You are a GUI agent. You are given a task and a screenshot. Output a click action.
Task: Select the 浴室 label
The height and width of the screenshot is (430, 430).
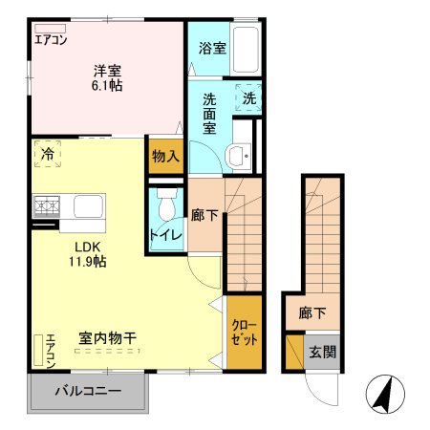pyautogui.click(x=212, y=47)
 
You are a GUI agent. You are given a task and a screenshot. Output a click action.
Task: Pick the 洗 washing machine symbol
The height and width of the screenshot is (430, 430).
pyautogui.click(x=248, y=97)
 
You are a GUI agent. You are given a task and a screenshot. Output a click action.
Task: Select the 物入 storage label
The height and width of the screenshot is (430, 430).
pyautogui.click(x=165, y=157)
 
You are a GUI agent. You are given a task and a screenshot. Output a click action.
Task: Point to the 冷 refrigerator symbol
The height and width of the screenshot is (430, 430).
pyautogui.click(x=46, y=153)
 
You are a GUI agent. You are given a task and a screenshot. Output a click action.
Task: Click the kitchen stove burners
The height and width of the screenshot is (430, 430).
pyautogui.click(x=46, y=204)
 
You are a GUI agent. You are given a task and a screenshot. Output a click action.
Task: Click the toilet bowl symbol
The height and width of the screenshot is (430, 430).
pyautogui.click(x=166, y=203)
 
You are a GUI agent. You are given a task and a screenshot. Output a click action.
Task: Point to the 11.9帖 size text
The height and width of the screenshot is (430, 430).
pyautogui.click(x=86, y=261)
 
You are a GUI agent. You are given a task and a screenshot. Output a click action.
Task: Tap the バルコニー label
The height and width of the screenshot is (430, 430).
pyautogui.click(x=87, y=392)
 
